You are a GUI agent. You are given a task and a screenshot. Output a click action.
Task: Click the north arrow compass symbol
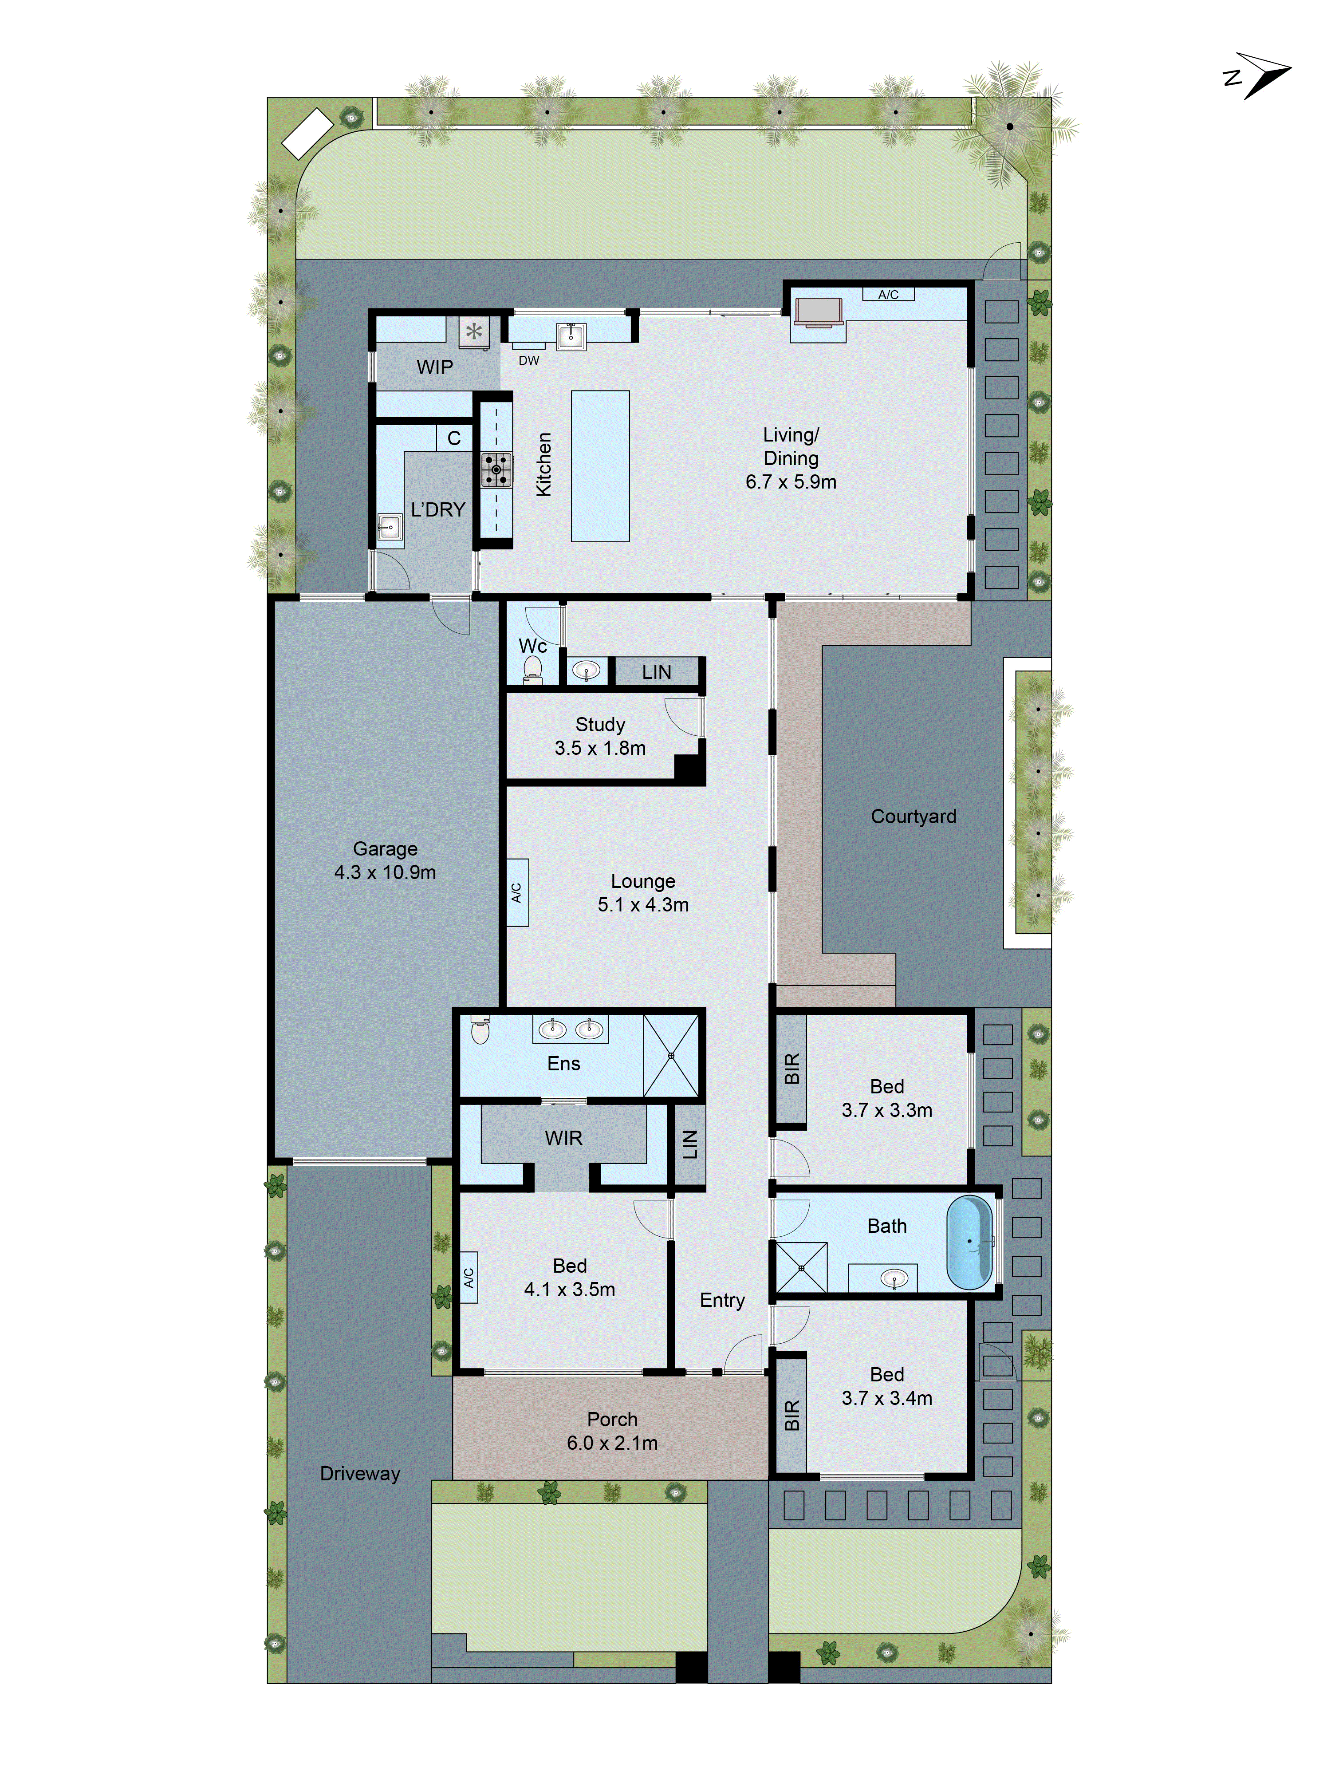pyautogui.click(x=1257, y=76)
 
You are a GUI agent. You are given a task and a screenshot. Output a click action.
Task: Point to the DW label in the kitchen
pyautogui.click(x=529, y=360)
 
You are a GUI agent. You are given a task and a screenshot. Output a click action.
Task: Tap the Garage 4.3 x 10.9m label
pyautogui.click(x=385, y=860)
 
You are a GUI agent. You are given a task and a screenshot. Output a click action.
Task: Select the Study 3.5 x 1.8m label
pyautogui.click(x=600, y=736)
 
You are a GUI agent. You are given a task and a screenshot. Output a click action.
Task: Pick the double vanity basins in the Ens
pyautogui.click(x=571, y=1028)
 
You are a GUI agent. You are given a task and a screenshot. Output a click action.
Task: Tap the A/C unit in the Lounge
pyautogui.click(x=517, y=892)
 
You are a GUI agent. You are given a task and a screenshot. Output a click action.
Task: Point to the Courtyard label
pyautogui.click(x=913, y=816)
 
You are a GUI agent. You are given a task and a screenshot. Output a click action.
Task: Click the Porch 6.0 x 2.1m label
pyautogui.click(x=612, y=1431)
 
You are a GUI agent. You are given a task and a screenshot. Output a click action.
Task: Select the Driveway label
pyautogui.click(x=359, y=1473)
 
